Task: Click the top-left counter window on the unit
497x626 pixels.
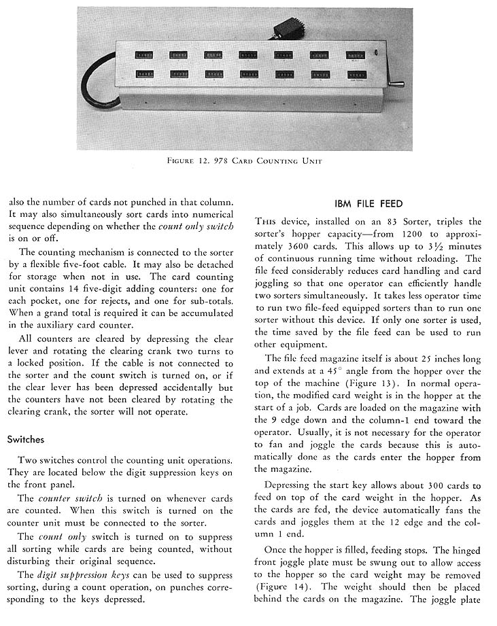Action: tap(143, 54)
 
